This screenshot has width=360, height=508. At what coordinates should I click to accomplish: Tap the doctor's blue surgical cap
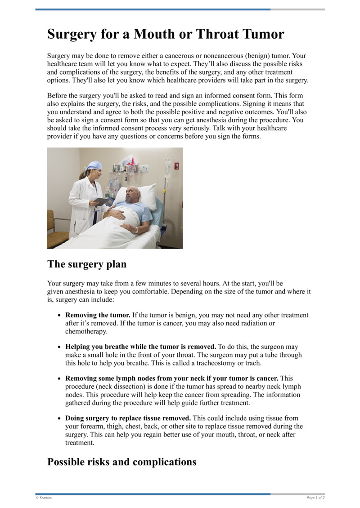[x=94, y=165]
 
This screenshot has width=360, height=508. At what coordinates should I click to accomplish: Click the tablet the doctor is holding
[x=102, y=201]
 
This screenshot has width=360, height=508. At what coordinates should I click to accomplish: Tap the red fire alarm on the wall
[x=177, y=166]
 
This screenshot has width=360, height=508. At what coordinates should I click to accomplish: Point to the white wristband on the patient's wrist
[x=136, y=229]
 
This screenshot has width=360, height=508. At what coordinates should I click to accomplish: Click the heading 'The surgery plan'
[x=87, y=264]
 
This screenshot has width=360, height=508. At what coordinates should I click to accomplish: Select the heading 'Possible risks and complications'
[x=121, y=462]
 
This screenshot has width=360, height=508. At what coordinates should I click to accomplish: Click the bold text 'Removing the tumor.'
[x=98, y=316]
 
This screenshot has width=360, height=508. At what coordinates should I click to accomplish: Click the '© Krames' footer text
[x=44, y=498]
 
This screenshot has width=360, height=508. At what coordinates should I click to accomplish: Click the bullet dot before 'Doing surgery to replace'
[x=59, y=419]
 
